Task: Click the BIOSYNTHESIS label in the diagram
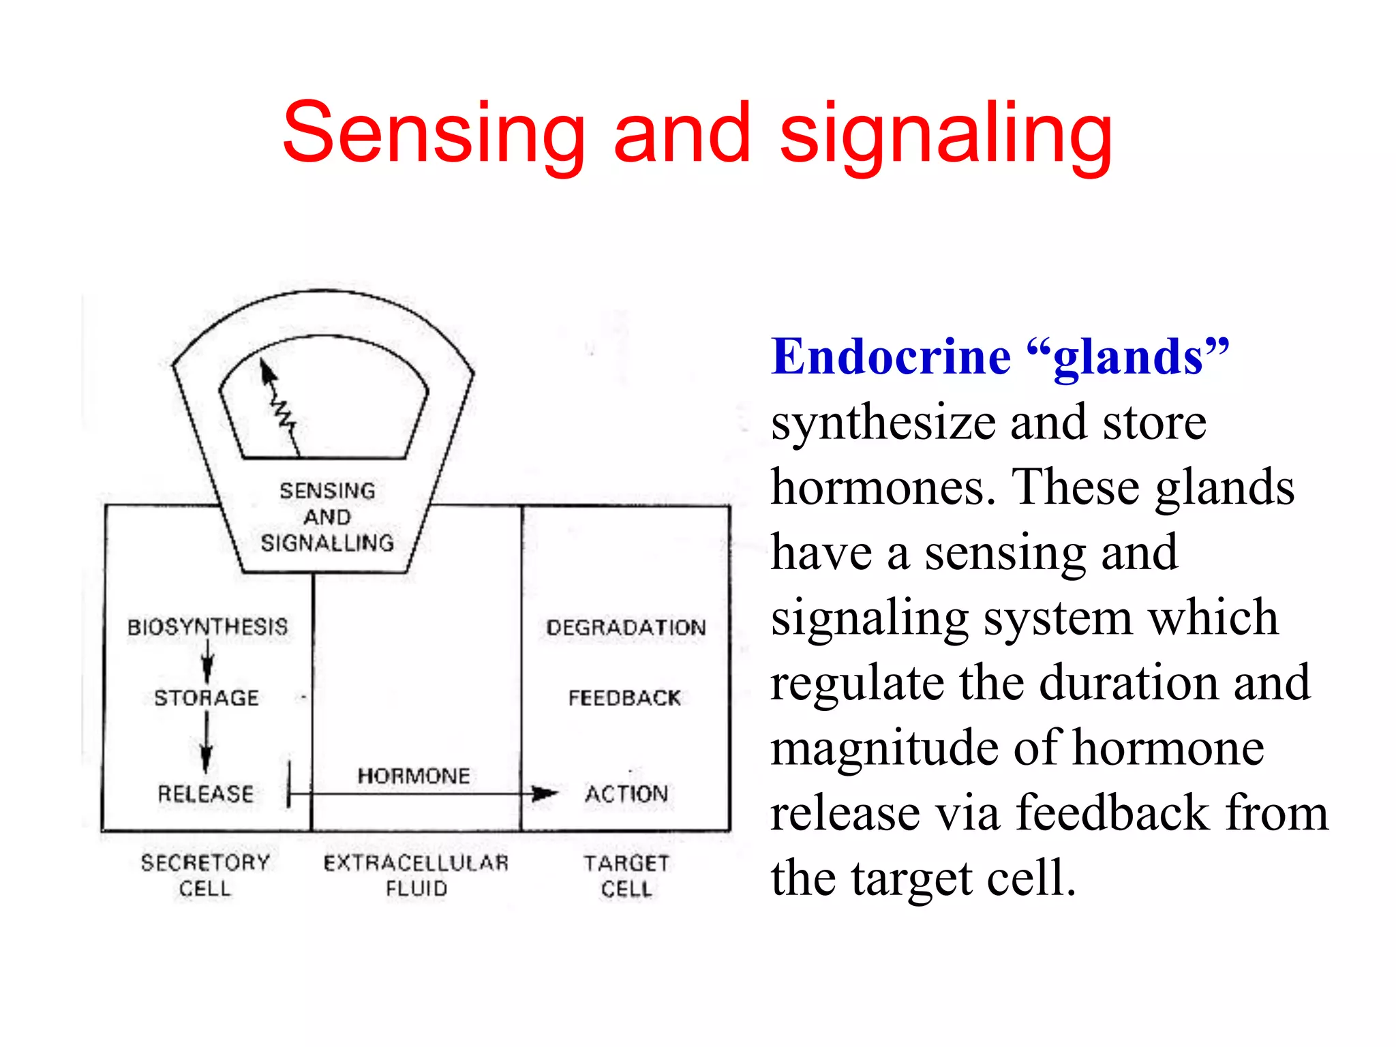(207, 626)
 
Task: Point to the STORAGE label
(207, 698)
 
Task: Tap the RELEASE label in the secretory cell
(206, 793)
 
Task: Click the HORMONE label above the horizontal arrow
(414, 776)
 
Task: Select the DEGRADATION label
(626, 627)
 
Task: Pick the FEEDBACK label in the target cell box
(624, 698)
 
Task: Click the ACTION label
(626, 793)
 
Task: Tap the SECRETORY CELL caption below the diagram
(205, 875)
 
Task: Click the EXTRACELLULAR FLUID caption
(416, 875)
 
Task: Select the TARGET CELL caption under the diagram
(626, 875)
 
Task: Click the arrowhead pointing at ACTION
(545, 793)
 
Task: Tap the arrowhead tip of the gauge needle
(265, 365)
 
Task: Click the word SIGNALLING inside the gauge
(327, 543)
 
